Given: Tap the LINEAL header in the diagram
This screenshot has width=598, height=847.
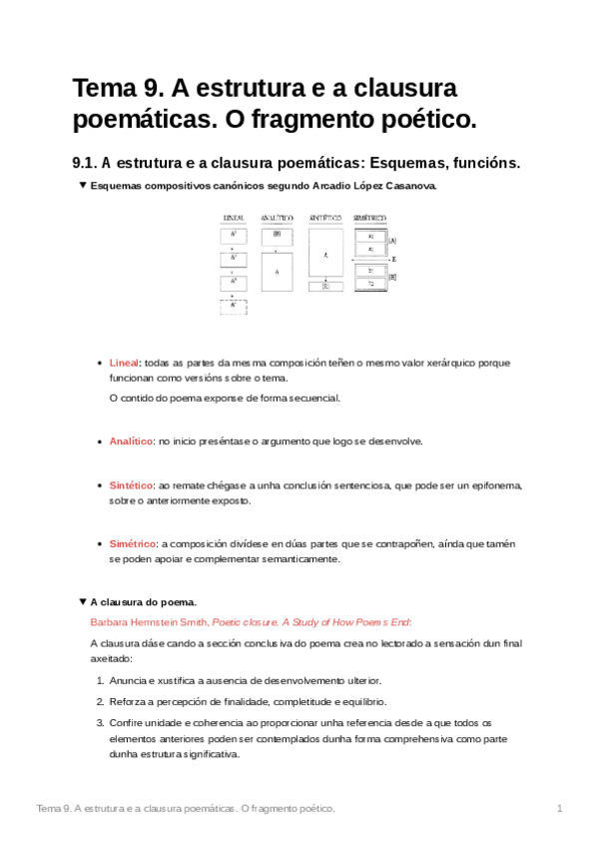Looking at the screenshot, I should click(234, 217).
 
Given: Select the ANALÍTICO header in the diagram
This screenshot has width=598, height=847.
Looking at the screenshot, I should click(277, 217).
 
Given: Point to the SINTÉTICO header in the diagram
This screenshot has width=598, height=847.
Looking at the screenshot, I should click(325, 217).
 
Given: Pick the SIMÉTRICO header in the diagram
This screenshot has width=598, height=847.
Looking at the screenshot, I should click(370, 217).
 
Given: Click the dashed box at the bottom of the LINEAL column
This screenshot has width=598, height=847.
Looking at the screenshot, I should click(233, 307).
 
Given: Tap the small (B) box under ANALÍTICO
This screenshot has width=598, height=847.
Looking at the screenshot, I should click(277, 236).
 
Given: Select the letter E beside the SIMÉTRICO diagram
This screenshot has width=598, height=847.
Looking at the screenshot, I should click(394, 259).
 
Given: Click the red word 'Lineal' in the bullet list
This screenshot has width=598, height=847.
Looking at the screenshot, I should click(124, 363).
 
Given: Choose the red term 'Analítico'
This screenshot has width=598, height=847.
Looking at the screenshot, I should click(131, 440).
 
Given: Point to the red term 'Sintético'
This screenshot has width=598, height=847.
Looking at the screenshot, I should click(131, 484).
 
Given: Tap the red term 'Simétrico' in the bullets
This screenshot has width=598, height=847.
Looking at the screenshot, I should click(132, 543).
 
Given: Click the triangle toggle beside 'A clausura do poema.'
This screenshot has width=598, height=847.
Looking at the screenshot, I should click(82, 602).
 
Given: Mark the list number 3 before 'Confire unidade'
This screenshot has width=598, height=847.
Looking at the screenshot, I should click(100, 722).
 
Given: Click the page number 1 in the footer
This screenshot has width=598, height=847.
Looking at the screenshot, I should click(560, 808).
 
